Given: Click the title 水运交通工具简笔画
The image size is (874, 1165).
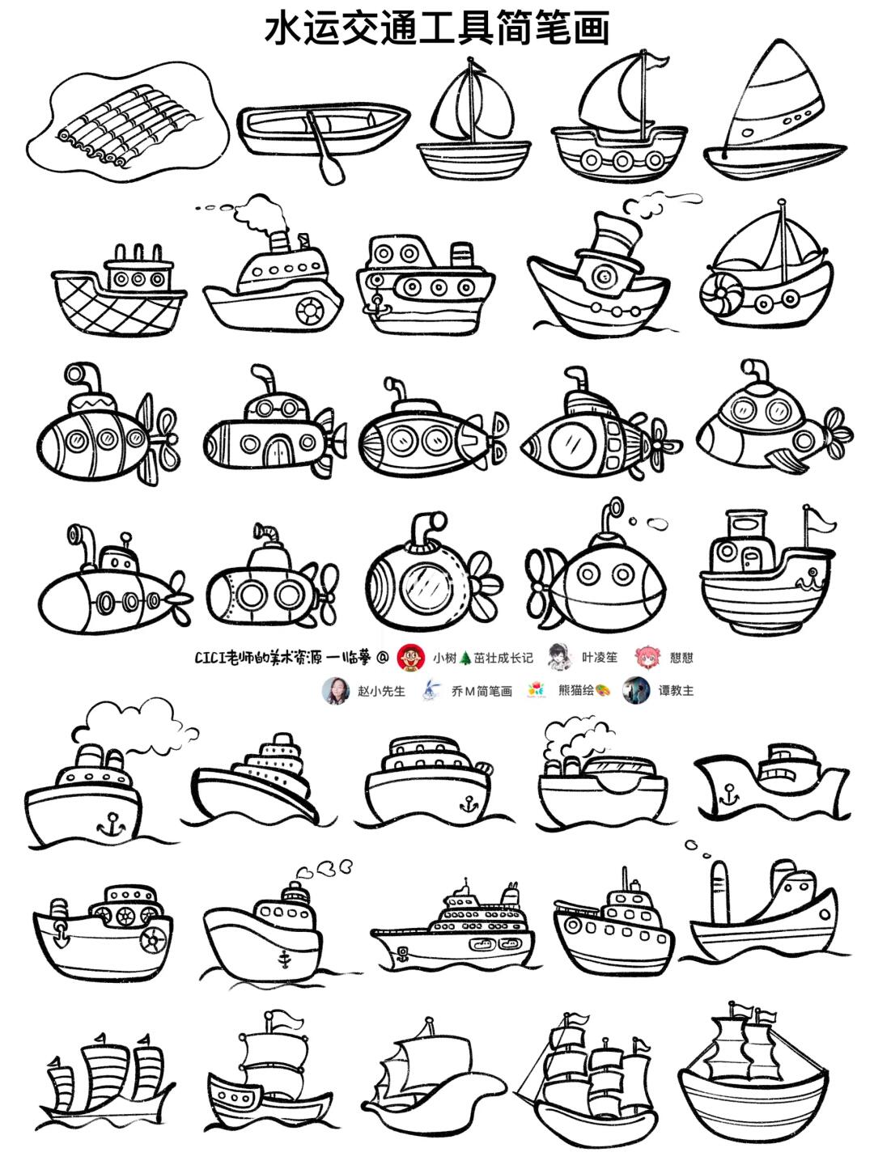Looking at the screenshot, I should (437, 28).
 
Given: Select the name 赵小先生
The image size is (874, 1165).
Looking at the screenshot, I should (381, 692).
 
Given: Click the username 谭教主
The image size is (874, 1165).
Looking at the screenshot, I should (676, 692).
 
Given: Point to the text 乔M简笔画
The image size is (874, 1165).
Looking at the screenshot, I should (482, 692).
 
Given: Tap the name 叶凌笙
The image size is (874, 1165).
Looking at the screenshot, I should (600, 658).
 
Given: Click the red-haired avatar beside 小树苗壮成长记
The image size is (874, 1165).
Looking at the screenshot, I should (411, 657).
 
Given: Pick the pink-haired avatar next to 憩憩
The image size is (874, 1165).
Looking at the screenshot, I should (647, 657).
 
